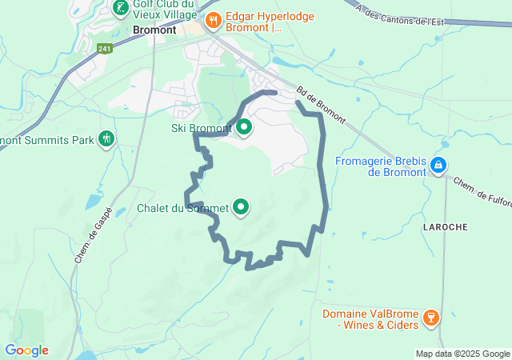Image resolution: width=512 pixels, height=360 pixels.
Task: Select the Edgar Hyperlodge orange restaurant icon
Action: (x=213, y=21)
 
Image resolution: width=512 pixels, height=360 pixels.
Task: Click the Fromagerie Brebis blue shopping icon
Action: (x=438, y=166)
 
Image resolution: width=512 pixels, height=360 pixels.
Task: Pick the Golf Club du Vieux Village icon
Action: (x=120, y=9)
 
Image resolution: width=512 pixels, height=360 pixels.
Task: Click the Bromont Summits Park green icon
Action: (x=106, y=139)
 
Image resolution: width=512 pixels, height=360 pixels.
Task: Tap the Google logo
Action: (x=26, y=350)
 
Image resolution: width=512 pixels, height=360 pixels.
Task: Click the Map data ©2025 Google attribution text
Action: (x=462, y=354)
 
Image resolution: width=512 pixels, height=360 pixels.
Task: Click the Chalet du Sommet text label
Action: (x=182, y=208)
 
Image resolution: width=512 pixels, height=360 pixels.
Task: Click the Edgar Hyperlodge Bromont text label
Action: (x=270, y=22)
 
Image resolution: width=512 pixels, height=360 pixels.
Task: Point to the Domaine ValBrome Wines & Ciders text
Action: (x=371, y=319)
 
